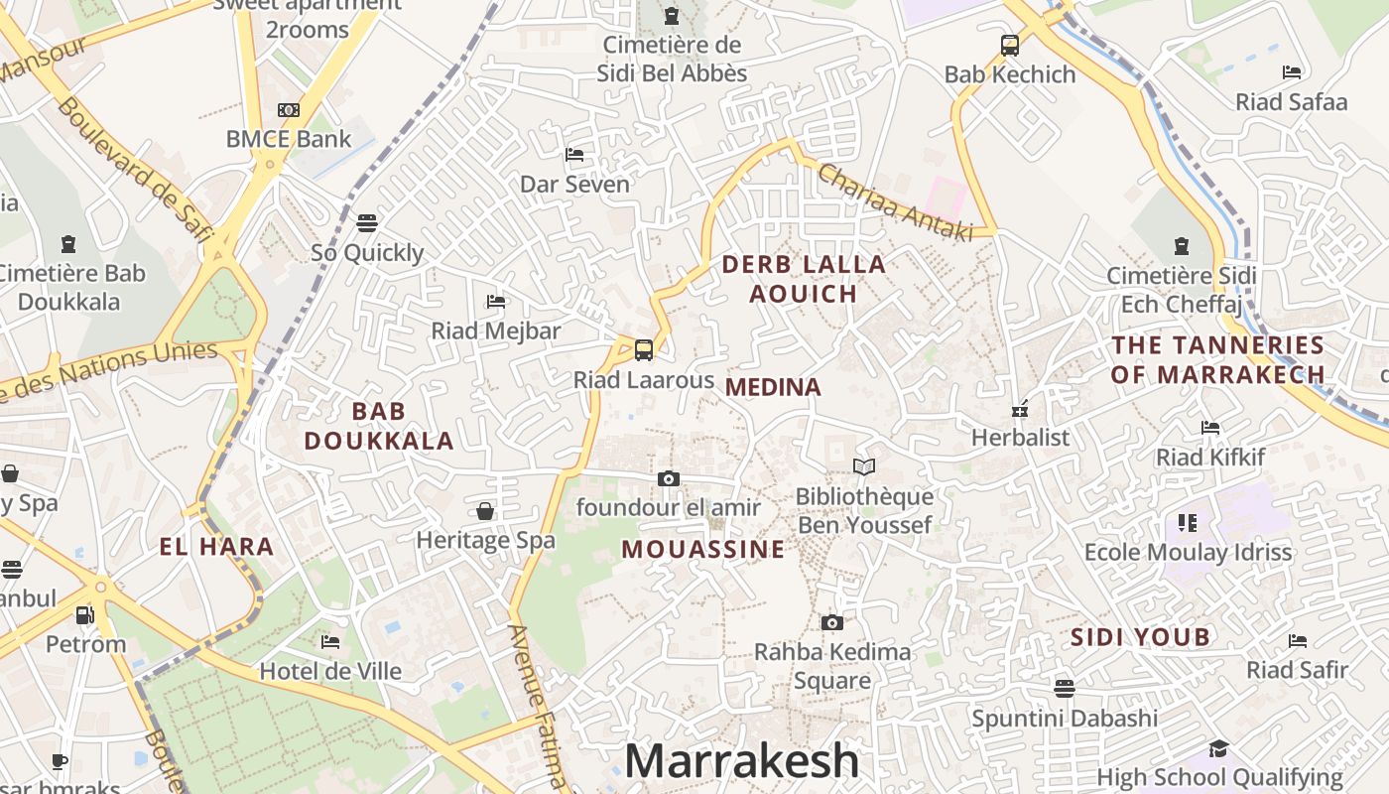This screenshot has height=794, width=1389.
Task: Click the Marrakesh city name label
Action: (741, 761)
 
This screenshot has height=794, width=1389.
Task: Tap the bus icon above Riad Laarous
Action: (644, 349)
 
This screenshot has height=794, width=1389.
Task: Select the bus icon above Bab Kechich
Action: (1010, 45)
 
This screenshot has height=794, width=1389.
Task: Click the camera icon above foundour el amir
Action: (669, 478)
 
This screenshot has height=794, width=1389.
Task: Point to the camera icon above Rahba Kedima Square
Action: (832, 622)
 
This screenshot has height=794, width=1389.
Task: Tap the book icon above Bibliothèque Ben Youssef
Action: (864, 466)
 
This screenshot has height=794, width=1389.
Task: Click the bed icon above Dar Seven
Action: (574, 155)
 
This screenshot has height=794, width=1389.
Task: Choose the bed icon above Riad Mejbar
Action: (496, 302)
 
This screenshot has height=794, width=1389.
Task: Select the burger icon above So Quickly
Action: (367, 222)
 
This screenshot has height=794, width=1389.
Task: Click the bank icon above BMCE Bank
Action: (289, 109)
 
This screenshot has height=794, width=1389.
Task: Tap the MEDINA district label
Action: (773, 387)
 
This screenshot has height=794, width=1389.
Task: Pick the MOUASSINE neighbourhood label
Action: (702, 549)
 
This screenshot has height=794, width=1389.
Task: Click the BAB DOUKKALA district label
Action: (379, 426)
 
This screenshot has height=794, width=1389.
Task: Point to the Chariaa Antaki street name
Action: (895, 201)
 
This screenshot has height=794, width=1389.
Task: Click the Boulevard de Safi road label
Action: (135, 169)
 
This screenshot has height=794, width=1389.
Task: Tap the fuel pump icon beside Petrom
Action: (85, 615)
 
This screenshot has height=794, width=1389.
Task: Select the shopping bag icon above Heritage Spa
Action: (485, 511)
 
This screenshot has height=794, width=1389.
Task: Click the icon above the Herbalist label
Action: (1020, 408)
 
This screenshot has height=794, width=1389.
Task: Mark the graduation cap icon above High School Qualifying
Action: (1218, 748)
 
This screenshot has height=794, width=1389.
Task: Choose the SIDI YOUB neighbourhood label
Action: (1140, 637)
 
